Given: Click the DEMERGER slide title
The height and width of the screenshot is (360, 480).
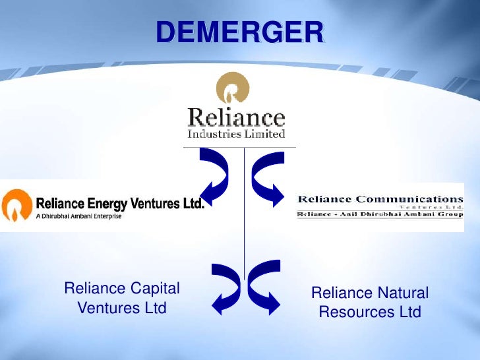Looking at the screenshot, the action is pyautogui.click(x=240, y=32).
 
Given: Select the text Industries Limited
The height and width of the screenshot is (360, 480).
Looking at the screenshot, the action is pyautogui.click(x=236, y=134).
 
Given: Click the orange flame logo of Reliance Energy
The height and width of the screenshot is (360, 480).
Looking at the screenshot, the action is pyautogui.click(x=16, y=205).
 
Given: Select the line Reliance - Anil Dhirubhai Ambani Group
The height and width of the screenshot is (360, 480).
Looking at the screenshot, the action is pyautogui.click(x=380, y=214).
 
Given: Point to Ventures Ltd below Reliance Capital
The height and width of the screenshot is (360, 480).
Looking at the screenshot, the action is pyautogui.click(x=122, y=307).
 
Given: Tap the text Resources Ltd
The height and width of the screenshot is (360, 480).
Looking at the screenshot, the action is pyautogui.click(x=369, y=312).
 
